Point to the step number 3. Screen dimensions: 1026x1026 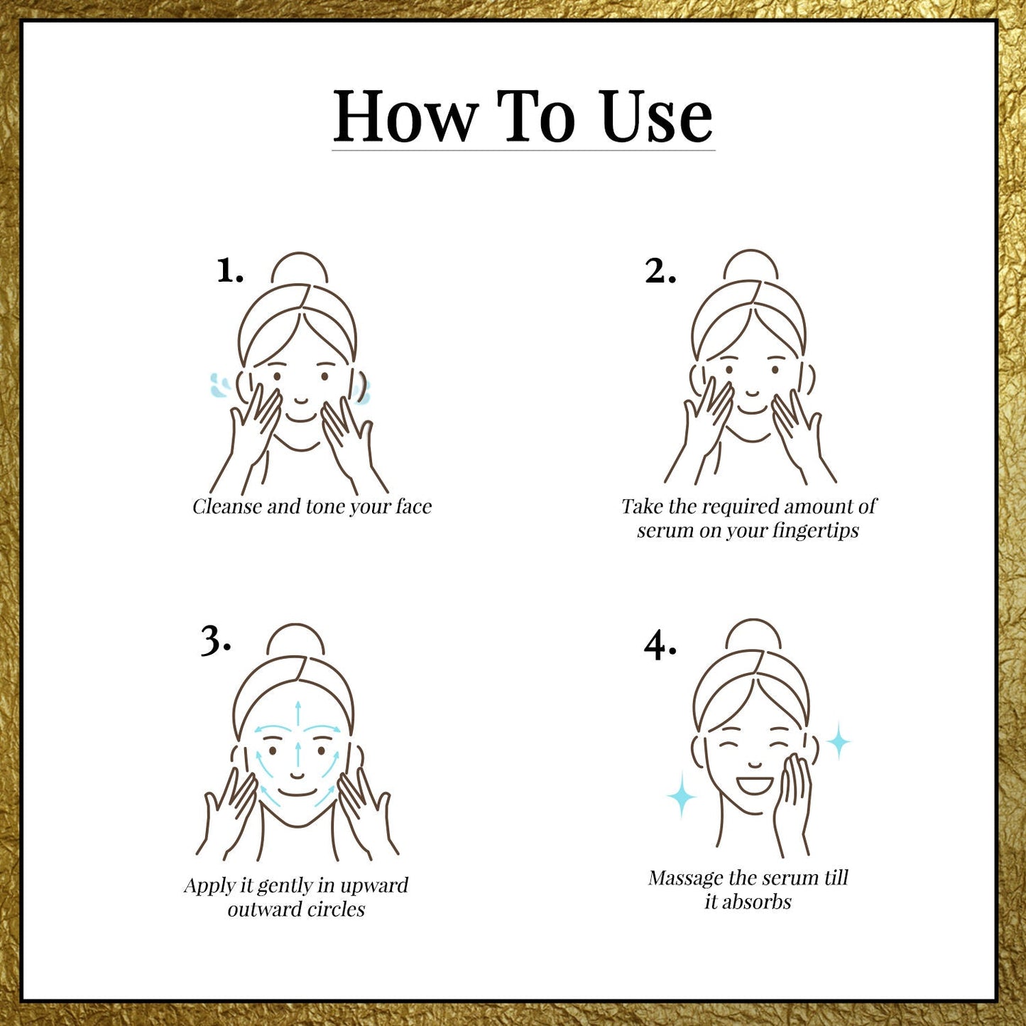coord(216,641)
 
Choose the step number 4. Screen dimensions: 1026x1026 coord(660,646)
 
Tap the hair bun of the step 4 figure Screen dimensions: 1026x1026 coord(754,635)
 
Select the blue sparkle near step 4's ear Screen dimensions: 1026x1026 coord(839,741)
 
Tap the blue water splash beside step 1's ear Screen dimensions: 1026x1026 coord(219,386)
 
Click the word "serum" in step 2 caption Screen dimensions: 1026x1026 coord(665,531)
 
